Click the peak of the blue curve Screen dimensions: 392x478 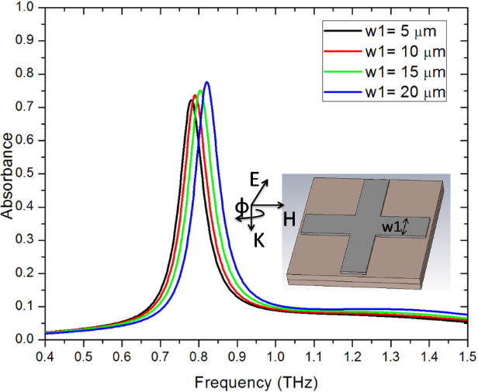point(206,82)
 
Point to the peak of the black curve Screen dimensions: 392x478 point(191,100)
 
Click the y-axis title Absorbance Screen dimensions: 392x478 point(9,176)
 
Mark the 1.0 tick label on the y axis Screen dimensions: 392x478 point(26,10)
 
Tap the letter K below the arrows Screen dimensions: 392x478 point(259,241)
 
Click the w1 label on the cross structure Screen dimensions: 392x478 point(390,227)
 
